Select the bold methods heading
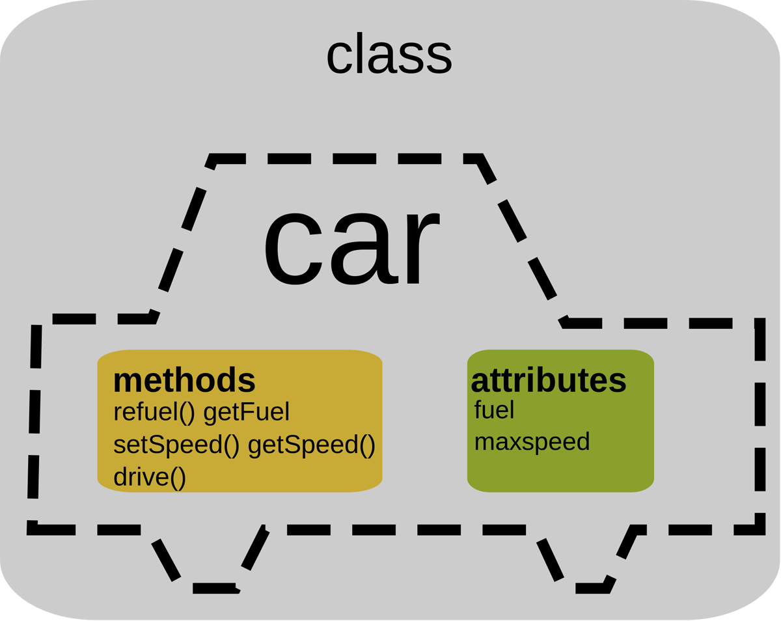tap(184, 380)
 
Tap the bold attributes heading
tap(548, 381)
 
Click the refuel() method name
tap(154, 412)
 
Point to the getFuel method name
tap(246, 412)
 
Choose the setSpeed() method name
tap(176, 445)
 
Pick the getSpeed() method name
tap(311, 445)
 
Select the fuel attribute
tap(494, 410)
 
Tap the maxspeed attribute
tap(532, 442)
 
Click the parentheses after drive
tap(178, 477)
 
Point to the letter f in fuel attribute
tap(478, 409)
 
